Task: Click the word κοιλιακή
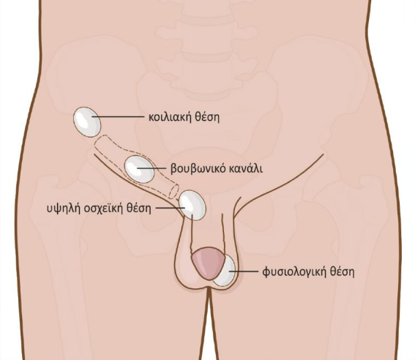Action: (x=171, y=117)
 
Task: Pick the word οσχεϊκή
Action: (x=103, y=209)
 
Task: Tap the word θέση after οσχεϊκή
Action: (x=138, y=209)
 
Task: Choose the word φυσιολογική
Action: (x=294, y=272)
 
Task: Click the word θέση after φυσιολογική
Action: (x=342, y=271)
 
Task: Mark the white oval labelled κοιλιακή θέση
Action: (x=87, y=122)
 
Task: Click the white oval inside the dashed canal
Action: (x=139, y=170)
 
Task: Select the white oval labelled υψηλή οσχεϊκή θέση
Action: (x=192, y=205)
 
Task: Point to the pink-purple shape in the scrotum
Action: (x=207, y=263)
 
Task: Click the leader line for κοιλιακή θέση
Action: (x=118, y=116)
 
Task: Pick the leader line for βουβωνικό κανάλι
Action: (x=151, y=168)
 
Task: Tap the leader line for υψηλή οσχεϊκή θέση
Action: (x=170, y=208)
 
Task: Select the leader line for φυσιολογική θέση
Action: (x=243, y=271)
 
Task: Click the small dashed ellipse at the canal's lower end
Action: (x=173, y=192)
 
